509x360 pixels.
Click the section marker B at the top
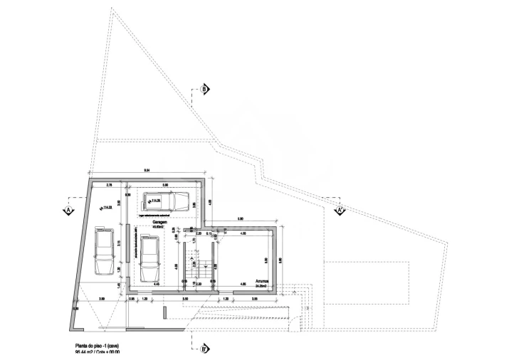point(204,90)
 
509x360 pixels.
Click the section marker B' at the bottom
point(204,348)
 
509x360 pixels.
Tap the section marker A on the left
point(69,211)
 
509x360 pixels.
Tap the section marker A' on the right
point(340,210)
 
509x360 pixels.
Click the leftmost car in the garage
point(104,251)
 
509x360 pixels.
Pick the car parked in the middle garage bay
point(150,258)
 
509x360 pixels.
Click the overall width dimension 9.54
point(147,170)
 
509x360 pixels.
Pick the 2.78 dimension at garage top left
point(109,185)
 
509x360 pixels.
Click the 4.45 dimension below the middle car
point(157,284)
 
